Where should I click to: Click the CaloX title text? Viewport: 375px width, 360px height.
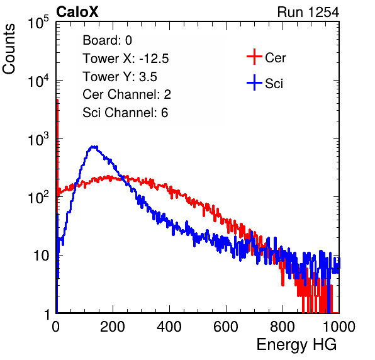[77, 12]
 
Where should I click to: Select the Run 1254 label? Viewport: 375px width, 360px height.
[308, 12]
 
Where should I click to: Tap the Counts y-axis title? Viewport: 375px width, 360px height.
[9, 49]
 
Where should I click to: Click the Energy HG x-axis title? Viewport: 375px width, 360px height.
[296, 345]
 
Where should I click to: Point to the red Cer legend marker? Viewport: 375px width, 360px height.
[254, 57]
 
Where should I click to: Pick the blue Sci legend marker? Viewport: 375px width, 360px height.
[254, 83]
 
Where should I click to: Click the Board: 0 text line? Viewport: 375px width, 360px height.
[107, 40]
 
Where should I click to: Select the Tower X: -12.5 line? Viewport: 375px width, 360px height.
[126, 59]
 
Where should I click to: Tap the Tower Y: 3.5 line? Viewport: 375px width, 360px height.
[120, 77]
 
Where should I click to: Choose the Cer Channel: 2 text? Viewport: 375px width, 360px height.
[126, 94]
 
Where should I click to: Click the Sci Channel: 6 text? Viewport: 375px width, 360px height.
[125, 113]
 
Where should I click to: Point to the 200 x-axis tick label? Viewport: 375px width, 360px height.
[113, 327]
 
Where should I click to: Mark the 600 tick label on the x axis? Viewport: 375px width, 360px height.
[226, 327]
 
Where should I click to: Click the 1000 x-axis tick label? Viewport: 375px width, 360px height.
[339, 327]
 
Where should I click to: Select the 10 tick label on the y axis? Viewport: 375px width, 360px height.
[41, 256]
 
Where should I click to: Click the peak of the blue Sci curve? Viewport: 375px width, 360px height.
[93, 147]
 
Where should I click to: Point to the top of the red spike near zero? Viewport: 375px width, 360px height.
[57, 100]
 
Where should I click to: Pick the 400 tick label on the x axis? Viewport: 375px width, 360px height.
[169, 327]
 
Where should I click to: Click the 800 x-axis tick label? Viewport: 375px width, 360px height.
[283, 327]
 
